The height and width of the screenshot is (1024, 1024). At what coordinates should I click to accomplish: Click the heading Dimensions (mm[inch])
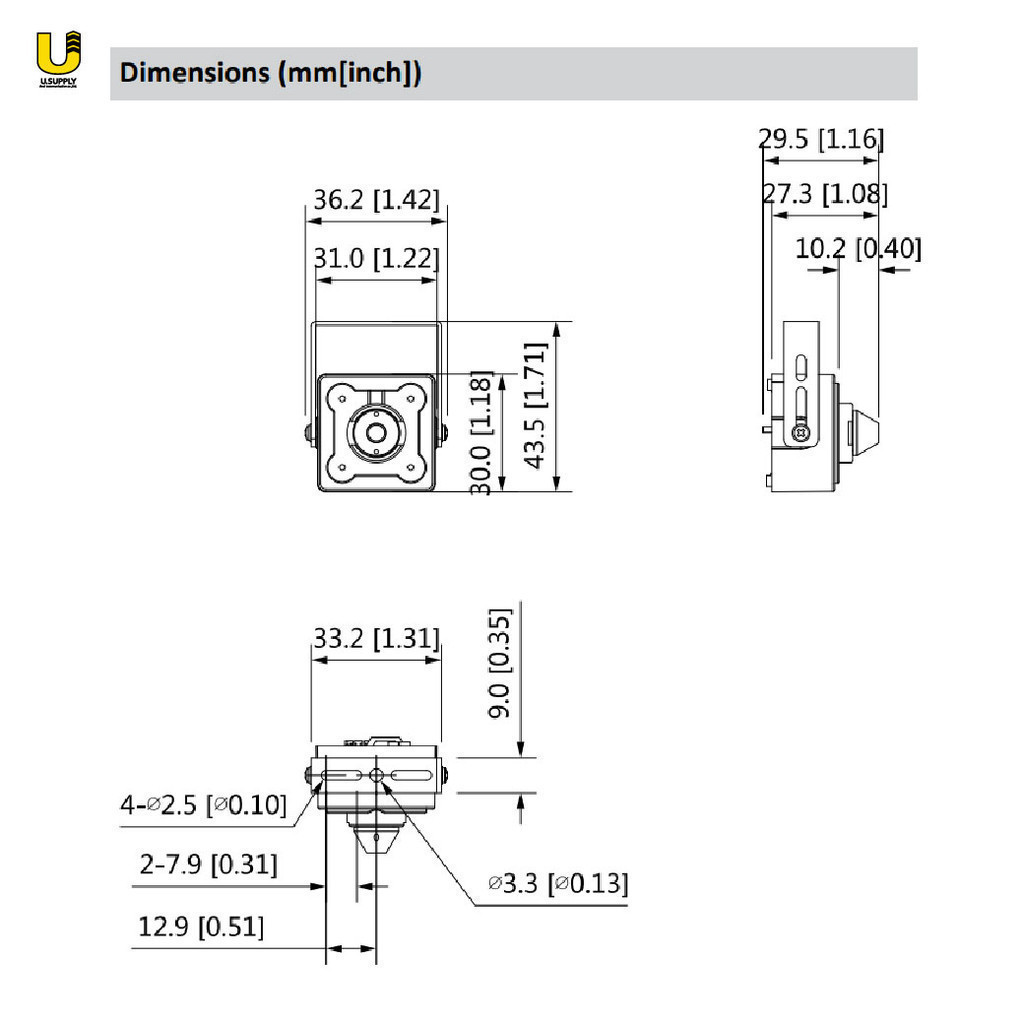pyautogui.click(x=270, y=73)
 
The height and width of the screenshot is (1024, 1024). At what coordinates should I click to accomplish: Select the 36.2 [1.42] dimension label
pyautogui.click(x=376, y=199)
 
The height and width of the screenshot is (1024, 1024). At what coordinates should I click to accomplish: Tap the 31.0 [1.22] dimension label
pyautogui.click(x=376, y=259)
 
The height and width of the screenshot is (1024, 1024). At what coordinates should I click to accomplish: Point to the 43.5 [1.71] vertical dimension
pyautogui.click(x=536, y=406)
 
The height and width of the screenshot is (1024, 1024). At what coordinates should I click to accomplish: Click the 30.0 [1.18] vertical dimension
pyautogui.click(x=482, y=432)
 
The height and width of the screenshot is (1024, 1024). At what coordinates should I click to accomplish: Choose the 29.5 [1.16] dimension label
pyautogui.click(x=821, y=139)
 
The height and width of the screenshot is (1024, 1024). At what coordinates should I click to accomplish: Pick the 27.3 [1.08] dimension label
pyautogui.click(x=825, y=194)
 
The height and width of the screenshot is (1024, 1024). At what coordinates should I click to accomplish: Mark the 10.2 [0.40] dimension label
pyautogui.click(x=858, y=248)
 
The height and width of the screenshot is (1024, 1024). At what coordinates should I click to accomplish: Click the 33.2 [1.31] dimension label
pyautogui.click(x=376, y=638)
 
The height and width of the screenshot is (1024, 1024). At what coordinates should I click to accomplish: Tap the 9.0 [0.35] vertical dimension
pyautogui.click(x=500, y=663)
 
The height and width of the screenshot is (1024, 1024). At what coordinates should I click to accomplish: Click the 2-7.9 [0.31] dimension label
pyautogui.click(x=208, y=864)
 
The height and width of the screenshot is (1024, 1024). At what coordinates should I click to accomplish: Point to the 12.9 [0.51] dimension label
pyautogui.click(x=201, y=927)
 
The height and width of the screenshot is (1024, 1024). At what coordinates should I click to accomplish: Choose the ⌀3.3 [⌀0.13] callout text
pyautogui.click(x=558, y=883)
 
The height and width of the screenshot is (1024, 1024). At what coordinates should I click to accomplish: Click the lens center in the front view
pyautogui.click(x=376, y=433)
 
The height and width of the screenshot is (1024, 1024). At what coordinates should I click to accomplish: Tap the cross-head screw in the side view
pyautogui.click(x=799, y=433)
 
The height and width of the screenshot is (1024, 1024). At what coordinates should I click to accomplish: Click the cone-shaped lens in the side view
pyautogui.click(x=861, y=431)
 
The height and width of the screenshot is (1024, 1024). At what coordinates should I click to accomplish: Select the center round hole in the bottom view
pyautogui.click(x=376, y=776)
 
